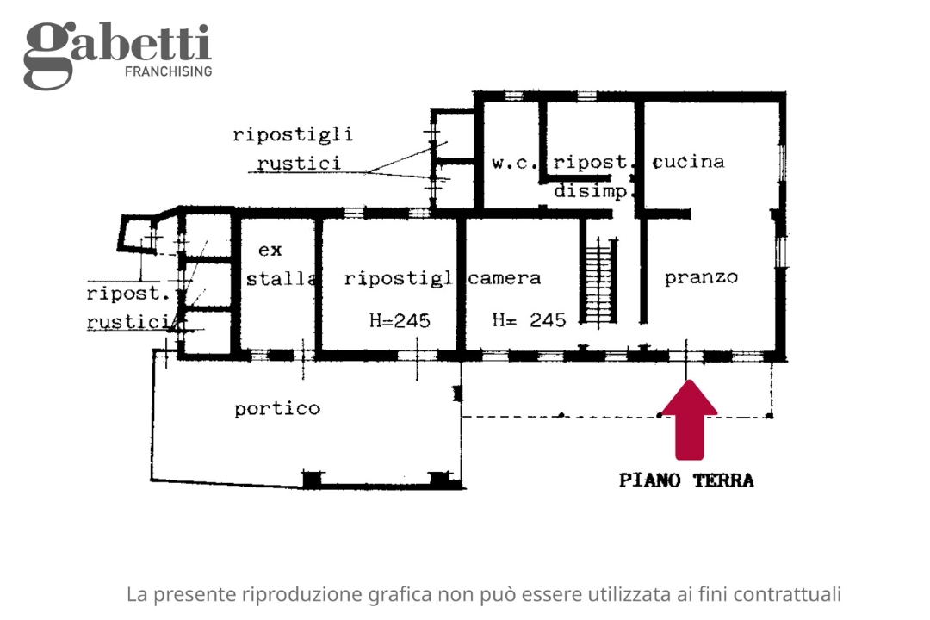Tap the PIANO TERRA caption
[686, 480]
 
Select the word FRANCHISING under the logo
[169, 71]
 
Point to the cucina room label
[689, 162]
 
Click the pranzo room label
[701, 277]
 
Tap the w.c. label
[515, 162]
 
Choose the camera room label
[505, 278]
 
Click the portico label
[277, 409]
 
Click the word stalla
[281, 278]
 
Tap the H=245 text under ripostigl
[400, 321]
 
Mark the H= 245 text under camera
[529, 321]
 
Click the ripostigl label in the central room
[398, 278]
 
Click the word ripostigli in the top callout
[293, 135]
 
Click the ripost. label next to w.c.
[593, 162]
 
